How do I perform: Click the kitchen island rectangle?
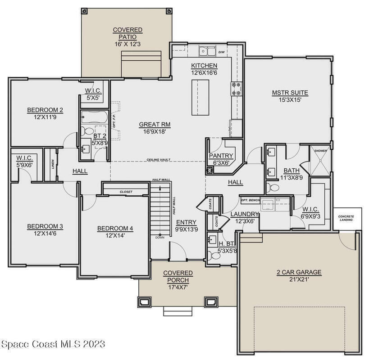point(200,98)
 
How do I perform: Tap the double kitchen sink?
point(207,51)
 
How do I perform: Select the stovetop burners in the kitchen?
point(236,89)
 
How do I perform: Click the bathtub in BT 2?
point(94,117)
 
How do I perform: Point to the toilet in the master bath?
point(273,188)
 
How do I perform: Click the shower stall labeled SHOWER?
point(320,161)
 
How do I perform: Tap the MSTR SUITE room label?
point(290,93)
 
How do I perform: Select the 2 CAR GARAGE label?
point(299,272)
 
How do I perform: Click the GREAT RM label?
point(155,125)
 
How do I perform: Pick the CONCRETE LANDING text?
point(346,218)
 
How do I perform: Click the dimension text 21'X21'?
point(299,279)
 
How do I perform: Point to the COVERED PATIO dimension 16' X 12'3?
point(128,44)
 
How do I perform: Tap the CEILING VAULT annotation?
point(159,160)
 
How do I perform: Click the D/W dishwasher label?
point(222,52)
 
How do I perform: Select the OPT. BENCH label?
point(250,200)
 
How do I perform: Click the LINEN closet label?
point(53,165)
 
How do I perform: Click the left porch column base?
point(144,301)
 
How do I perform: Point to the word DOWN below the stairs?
point(160,238)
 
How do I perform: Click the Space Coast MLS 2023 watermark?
point(53,344)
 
